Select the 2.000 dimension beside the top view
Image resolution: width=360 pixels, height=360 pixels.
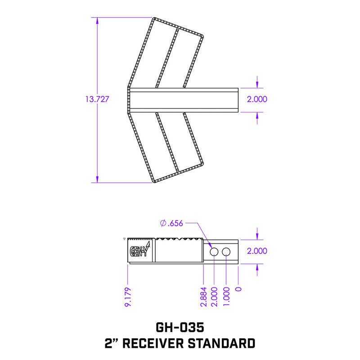(257, 100)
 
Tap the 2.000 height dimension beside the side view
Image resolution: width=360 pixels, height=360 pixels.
(257, 251)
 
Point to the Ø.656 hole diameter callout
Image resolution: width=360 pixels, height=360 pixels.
(171, 222)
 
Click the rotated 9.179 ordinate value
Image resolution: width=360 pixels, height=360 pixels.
(128, 297)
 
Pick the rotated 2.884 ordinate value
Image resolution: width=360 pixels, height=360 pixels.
(203, 297)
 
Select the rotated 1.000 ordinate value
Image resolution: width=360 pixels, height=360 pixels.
(226, 297)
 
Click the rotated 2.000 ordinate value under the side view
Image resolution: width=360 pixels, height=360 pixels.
(214, 297)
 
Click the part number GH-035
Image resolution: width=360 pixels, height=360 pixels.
(180, 325)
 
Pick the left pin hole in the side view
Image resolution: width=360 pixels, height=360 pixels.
(214, 252)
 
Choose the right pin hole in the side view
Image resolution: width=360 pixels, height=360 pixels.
(226, 252)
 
